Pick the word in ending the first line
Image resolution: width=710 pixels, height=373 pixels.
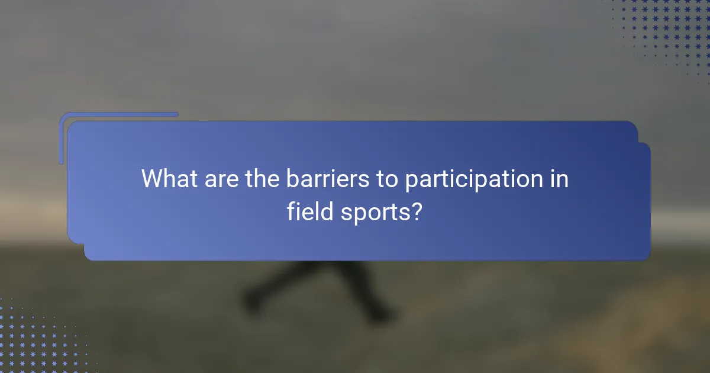[x=560, y=179]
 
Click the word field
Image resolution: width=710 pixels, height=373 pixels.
[x=309, y=211]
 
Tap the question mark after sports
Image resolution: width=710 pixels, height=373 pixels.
[x=416, y=211]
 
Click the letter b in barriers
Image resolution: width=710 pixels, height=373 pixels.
[x=292, y=179]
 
